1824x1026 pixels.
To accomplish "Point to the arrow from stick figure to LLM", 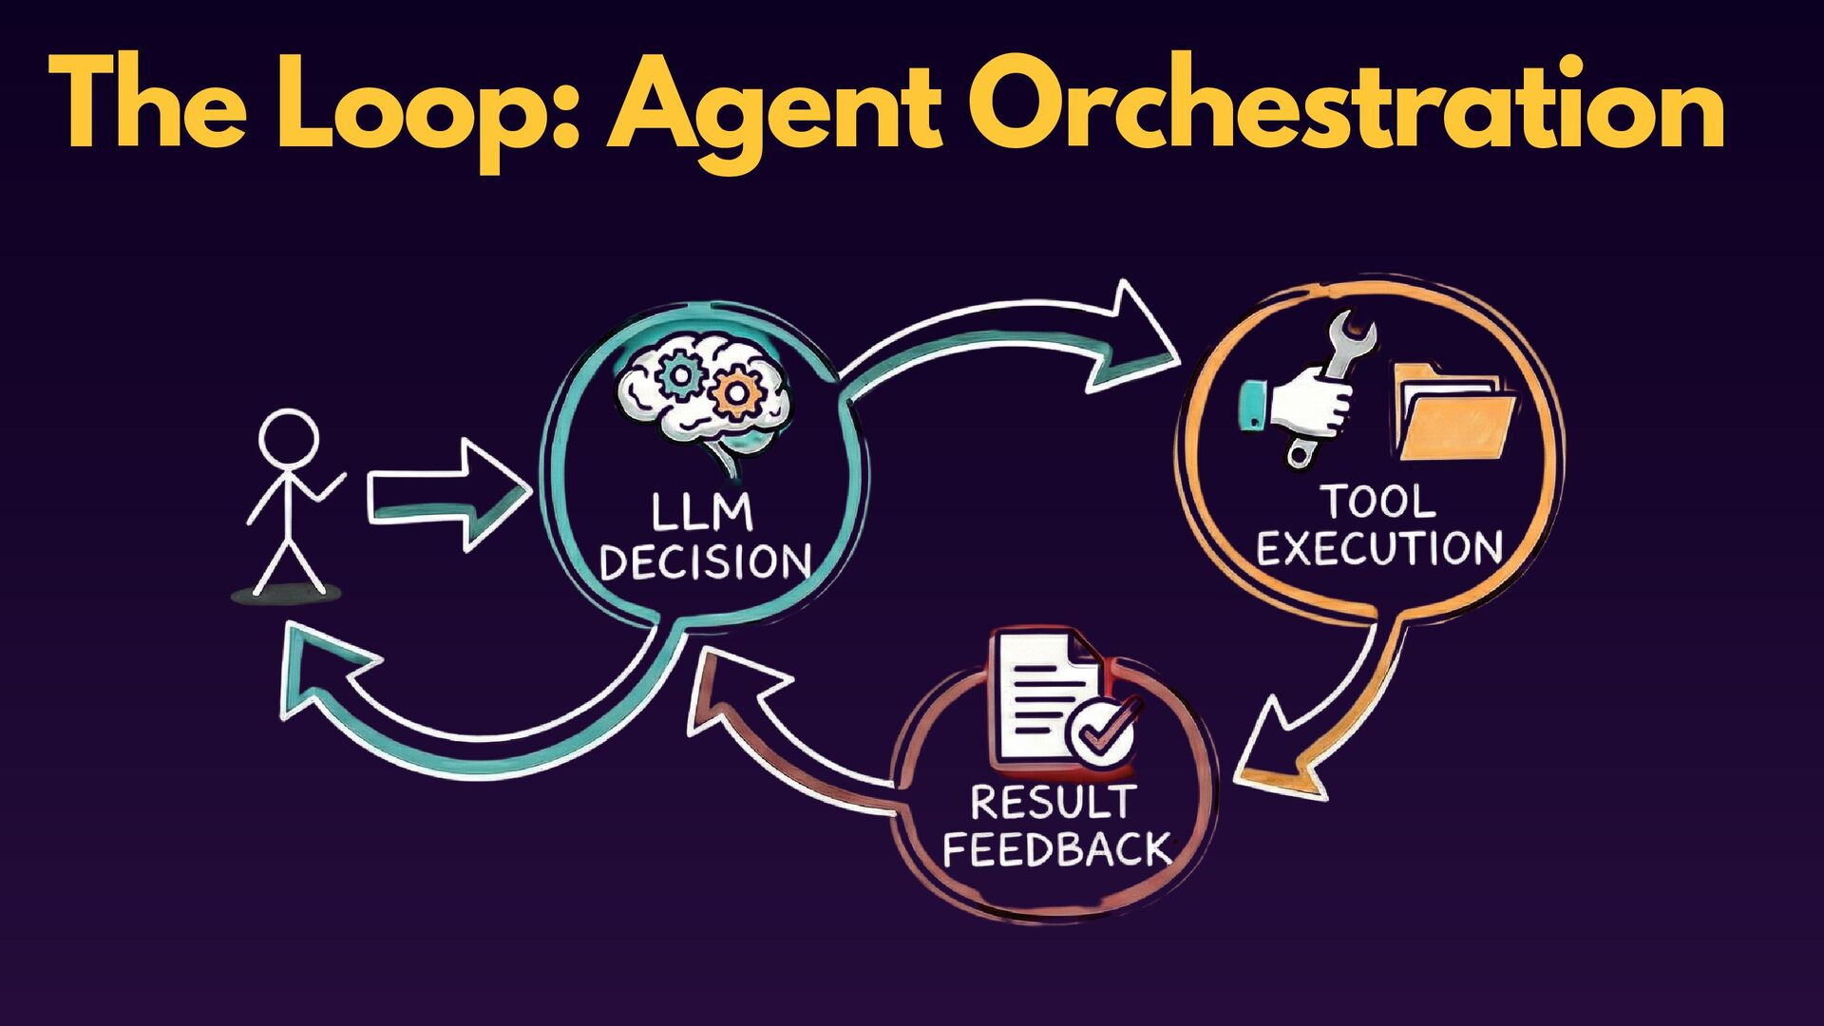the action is click(x=446, y=495).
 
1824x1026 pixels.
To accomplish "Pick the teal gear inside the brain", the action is click(x=680, y=374).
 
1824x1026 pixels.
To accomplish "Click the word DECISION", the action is click(x=705, y=562).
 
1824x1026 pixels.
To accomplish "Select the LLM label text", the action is click(x=702, y=514).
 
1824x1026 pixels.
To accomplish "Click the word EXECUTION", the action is click(x=1378, y=548).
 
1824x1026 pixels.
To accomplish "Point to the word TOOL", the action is click(x=1378, y=502).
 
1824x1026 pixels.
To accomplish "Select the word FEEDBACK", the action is click(x=1055, y=848).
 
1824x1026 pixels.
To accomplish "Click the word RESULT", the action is click(x=1053, y=803).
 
